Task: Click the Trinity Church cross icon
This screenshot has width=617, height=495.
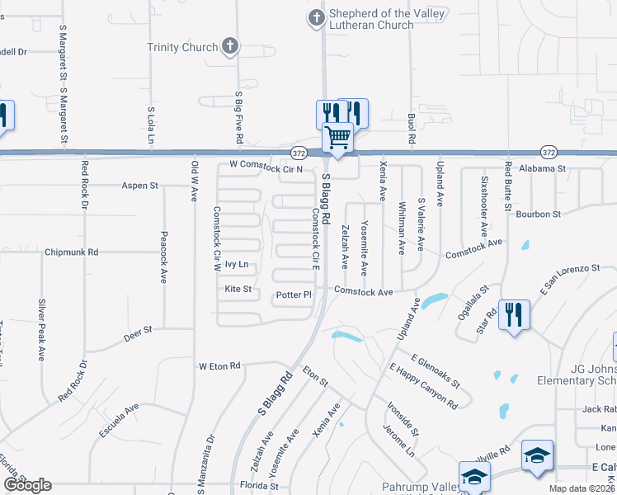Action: (x=230, y=47)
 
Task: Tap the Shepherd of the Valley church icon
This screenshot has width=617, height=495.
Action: (x=316, y=18)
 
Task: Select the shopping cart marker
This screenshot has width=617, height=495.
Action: (x=337, y=137)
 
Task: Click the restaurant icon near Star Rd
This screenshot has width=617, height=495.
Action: (x=514, y=314)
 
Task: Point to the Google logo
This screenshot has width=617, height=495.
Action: (x=27, y=485)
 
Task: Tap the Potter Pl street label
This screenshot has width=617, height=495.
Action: (x=294, y=295)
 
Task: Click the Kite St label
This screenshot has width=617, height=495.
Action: (x=238, y=290)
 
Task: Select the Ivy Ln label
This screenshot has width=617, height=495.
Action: (x=237, y=265)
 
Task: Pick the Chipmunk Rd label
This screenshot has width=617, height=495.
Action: (x=72, y=252)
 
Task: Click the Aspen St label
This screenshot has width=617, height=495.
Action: (x=139, y=186)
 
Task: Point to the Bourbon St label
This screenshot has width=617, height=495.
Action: (x=538, y=214)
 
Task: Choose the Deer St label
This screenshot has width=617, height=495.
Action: (x=138, y=330)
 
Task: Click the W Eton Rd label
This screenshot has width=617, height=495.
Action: (x=219, y=365)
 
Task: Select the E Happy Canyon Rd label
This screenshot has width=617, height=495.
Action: (x=423, y=387)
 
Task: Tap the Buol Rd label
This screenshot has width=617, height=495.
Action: (x=410, y=129)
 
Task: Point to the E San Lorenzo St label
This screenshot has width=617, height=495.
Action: (x=569, y=279)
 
